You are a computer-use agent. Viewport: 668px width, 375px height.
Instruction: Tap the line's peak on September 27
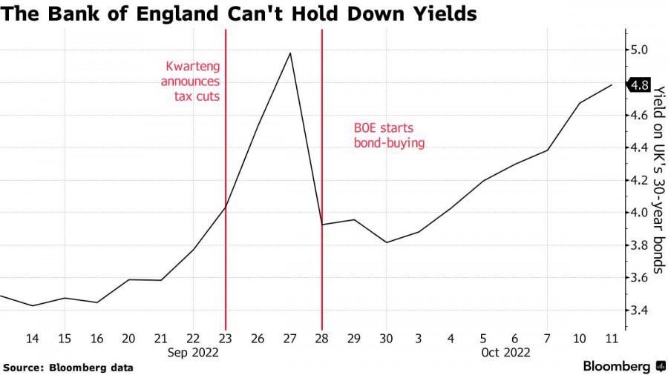coord(289,53)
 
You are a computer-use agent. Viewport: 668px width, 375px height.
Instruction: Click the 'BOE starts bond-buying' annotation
coord(388,135)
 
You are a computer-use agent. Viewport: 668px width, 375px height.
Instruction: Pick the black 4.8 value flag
coord(640,84)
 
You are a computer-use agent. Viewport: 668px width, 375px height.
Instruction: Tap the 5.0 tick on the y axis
coord(639,50)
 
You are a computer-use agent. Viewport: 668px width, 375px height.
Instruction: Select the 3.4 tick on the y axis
coord(639,310)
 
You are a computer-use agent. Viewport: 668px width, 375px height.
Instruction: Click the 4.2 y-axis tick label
coord(639,180)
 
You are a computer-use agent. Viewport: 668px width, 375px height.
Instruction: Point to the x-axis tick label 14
coord(33,338)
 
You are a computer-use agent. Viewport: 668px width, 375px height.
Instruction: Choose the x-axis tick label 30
coord(386,338)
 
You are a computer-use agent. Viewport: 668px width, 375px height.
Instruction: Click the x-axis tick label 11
coord(612,338)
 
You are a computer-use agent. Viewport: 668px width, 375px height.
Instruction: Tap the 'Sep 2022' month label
coord(193,353)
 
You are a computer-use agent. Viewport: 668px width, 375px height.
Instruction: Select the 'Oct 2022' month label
coord(505,353)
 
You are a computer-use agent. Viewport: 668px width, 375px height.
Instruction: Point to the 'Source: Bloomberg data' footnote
coord(68,368)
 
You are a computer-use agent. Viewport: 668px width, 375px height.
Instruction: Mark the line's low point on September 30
coord(386,242)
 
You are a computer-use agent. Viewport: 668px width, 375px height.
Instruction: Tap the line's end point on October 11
coord(612,85)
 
